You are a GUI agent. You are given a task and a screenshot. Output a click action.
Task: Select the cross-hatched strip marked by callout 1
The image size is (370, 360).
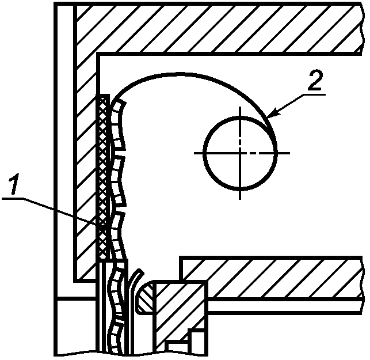click(103, 173)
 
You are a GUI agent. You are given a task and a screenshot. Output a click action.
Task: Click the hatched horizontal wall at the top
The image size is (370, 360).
click(219, 29)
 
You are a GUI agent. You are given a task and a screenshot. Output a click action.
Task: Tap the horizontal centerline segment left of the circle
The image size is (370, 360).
click(199, 153)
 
